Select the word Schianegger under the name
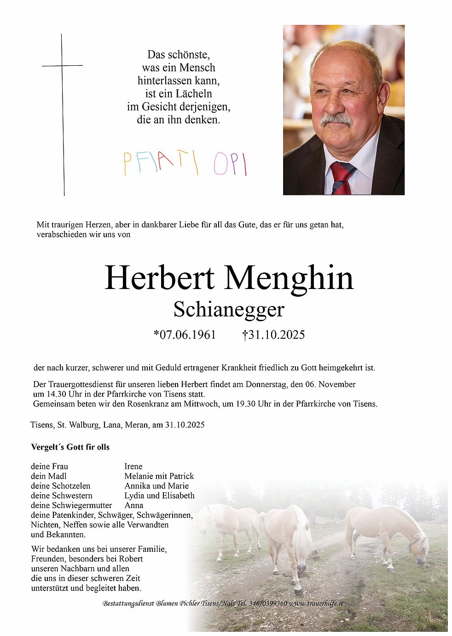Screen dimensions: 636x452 click(229, 310)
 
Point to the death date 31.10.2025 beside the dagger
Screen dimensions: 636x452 click(277, 335)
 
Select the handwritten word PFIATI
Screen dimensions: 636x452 click(161, 163)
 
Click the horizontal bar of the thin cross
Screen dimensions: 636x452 click(63, 66)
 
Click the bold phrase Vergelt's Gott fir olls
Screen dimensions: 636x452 click(70, 447)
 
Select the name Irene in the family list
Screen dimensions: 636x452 click(133, 466)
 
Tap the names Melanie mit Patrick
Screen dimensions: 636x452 click(159, 476)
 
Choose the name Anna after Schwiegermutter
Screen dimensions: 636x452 click(134, 505)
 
